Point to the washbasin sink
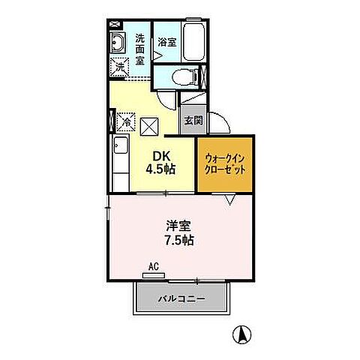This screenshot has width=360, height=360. tap(119, 43)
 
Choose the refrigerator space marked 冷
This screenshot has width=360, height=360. tap(125, 120)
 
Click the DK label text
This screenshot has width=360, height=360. tap(160, 156)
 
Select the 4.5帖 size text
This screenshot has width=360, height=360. tap(160, 169)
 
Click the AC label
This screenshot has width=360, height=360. tap(153, 267)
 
